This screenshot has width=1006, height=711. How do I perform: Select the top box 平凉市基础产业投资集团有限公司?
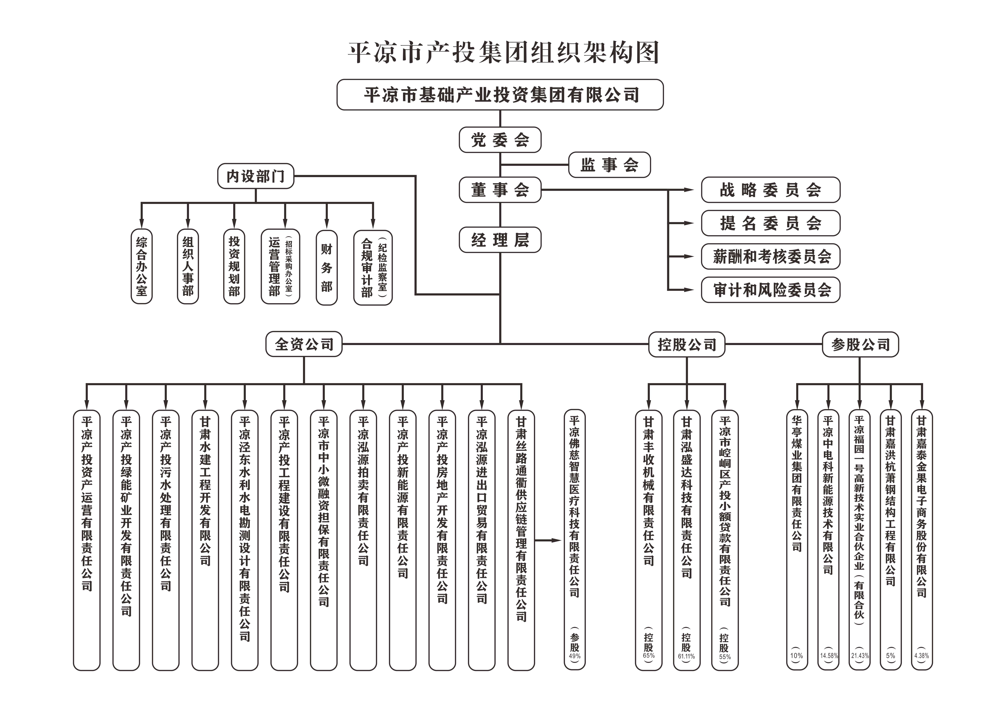point(500,95)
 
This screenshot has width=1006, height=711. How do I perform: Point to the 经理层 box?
point(500,240)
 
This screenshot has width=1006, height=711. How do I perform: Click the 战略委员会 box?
point(770,190)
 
